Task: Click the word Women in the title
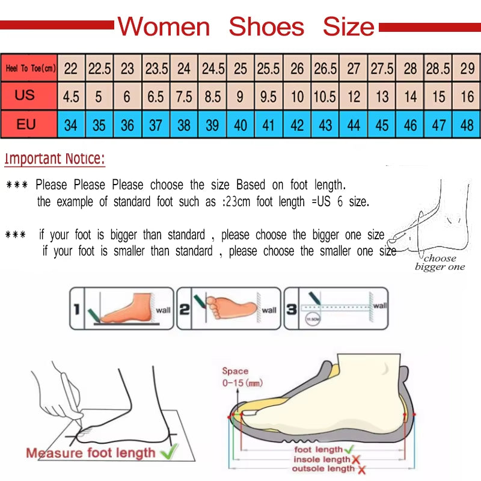(x=164, y=27)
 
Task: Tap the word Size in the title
(x=348, y=27)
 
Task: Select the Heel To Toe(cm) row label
(x=30, y=69)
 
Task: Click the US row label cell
(x=25, y=96)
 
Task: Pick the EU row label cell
(x=25, y=124)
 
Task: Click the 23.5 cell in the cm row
(x=156, y=69)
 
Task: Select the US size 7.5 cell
(x=184, y=96)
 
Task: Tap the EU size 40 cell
(x=240, y=125)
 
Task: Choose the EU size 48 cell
(x=467, y=125)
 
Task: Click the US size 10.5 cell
(x=325, y=96)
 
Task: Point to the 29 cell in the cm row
(x=467, y=69)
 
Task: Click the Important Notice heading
(x=55, y=159)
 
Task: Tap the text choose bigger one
(x=440, y=263)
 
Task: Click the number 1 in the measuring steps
(x=76, y=310)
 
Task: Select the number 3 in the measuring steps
(x=291, y=310)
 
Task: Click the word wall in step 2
(x=269, y=310)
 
